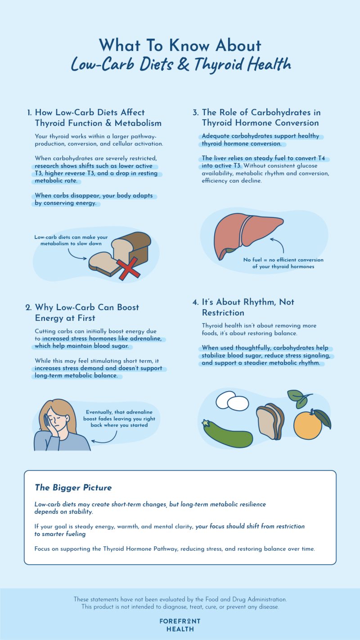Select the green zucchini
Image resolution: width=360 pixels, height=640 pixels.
(227, 433)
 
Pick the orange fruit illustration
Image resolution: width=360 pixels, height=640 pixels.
(308, 424)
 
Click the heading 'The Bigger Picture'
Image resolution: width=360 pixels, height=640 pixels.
(73, 487)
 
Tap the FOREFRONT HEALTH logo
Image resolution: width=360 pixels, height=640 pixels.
(180, 625)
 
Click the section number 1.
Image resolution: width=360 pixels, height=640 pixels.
(29, 113)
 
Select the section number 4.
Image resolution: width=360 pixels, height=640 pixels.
(195, 302)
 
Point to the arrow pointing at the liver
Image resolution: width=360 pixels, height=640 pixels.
(278, 247)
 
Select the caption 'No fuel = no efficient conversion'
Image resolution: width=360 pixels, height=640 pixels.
(283, 260)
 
